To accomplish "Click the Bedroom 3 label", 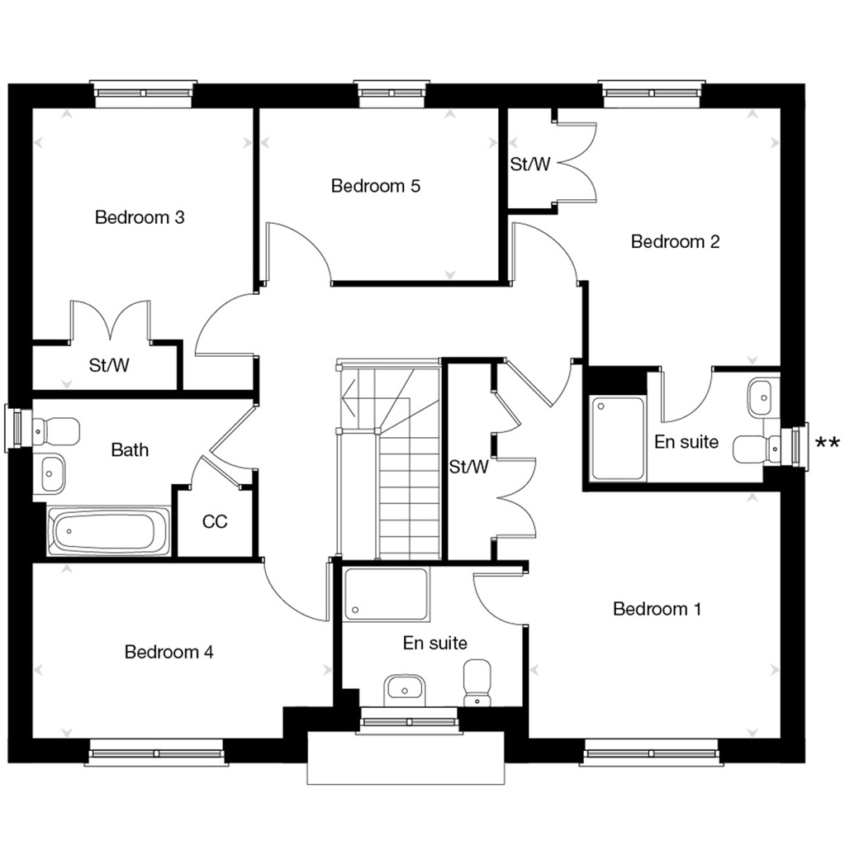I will (139, 218).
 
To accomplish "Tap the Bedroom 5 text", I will (376, 186).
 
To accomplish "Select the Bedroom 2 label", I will (675, 242).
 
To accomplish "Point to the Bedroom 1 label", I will (657, 610).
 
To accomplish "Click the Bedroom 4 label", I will (169, 653).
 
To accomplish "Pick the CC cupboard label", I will (215, 522).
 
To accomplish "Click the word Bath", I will (130, 450).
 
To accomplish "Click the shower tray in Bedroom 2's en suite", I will (619, 437).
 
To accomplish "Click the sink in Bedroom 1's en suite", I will (405, 687).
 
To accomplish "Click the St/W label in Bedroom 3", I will (109, 365).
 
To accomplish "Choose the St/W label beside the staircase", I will (468, 468).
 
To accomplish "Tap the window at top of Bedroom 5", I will (392, 91).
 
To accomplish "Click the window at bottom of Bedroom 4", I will (154, 753).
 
